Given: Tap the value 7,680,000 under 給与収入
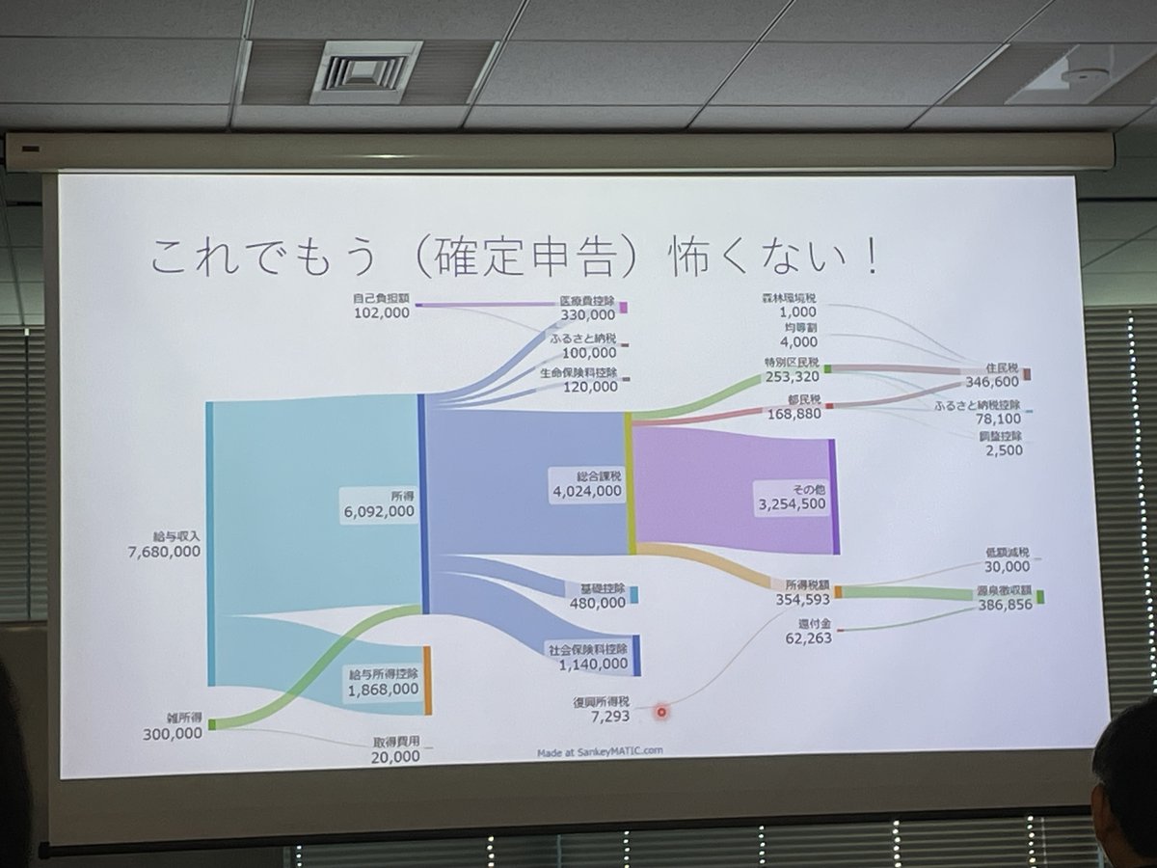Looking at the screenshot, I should tap(164, 552).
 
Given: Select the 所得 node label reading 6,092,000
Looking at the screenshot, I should tap(379, 512).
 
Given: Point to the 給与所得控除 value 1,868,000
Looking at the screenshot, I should tap(384, 689).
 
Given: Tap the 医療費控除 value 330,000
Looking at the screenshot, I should tap(587, 315).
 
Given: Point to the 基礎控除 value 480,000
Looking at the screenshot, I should tap(598, 603).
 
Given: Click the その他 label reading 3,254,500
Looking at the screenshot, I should tap(792, 504).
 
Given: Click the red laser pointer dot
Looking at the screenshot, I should tap(662, 713).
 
